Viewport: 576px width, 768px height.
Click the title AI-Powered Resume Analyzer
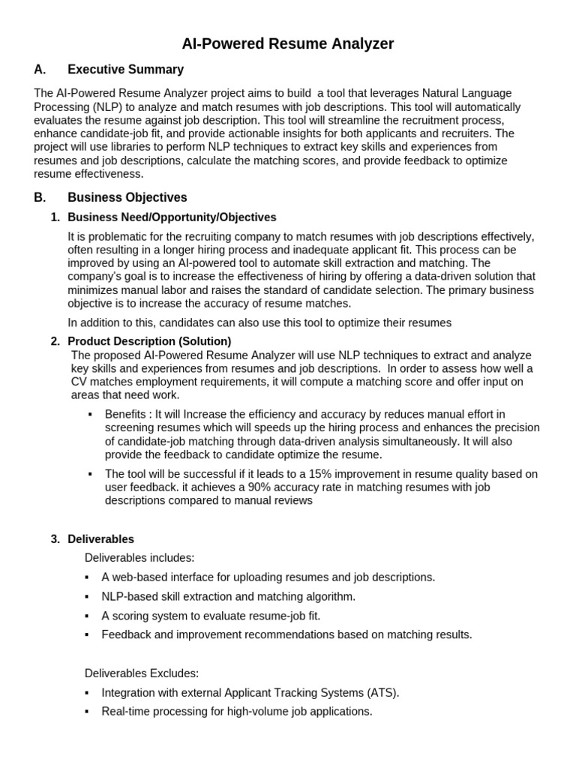pyautogui.click(x=287, y=43)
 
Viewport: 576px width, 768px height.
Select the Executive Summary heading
pyautogui.click(x=125, y=70)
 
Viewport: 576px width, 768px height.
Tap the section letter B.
pyautogui.click(x=40, y=198)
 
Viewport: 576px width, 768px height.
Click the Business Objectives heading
pyautogui.click(x=127, y=198)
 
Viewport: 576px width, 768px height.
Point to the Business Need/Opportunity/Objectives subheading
pyautogui.click(x=172, y=217)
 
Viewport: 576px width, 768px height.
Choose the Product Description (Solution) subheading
pyautogui.click(x=149, y=341)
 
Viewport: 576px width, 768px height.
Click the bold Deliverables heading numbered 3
pyautogui.click(x=100, y=539)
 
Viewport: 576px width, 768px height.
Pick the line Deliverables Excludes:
pyautogui.click(x=142, y=673)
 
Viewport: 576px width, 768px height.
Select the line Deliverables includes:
pyautogui.click(x=139, y=558)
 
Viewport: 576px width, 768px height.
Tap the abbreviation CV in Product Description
pyautogui.click(x=79, y=382)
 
